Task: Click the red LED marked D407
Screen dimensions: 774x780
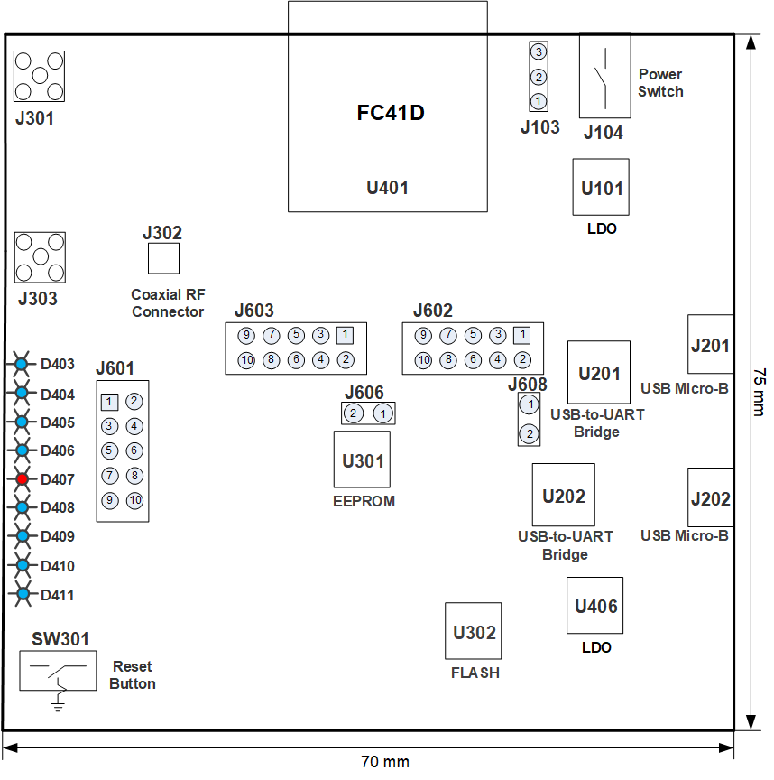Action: [22, 479]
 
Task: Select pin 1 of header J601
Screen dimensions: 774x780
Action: [110, 401]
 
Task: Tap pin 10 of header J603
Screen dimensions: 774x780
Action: [246, 360]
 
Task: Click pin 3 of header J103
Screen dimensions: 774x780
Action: [539, 51]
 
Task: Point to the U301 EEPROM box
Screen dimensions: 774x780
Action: [362, 460]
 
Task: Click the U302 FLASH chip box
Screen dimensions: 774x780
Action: [474, 631]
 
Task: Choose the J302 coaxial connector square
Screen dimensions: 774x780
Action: [163, 259]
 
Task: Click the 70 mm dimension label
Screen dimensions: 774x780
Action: [384, 762]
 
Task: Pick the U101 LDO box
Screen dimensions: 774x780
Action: [601, 188]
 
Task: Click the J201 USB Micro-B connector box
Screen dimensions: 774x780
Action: [710, 344]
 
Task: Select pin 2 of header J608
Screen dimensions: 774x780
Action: [530, 434]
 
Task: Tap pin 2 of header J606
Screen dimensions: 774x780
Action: [355, 413]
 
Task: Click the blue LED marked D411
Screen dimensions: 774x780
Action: [22, 594]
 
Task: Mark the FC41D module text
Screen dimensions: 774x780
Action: [391, 114]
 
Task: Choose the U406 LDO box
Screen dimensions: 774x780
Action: [594, 606]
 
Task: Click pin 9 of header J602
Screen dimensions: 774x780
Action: [423, 336]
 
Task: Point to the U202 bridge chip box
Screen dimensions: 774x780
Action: [563, 495]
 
